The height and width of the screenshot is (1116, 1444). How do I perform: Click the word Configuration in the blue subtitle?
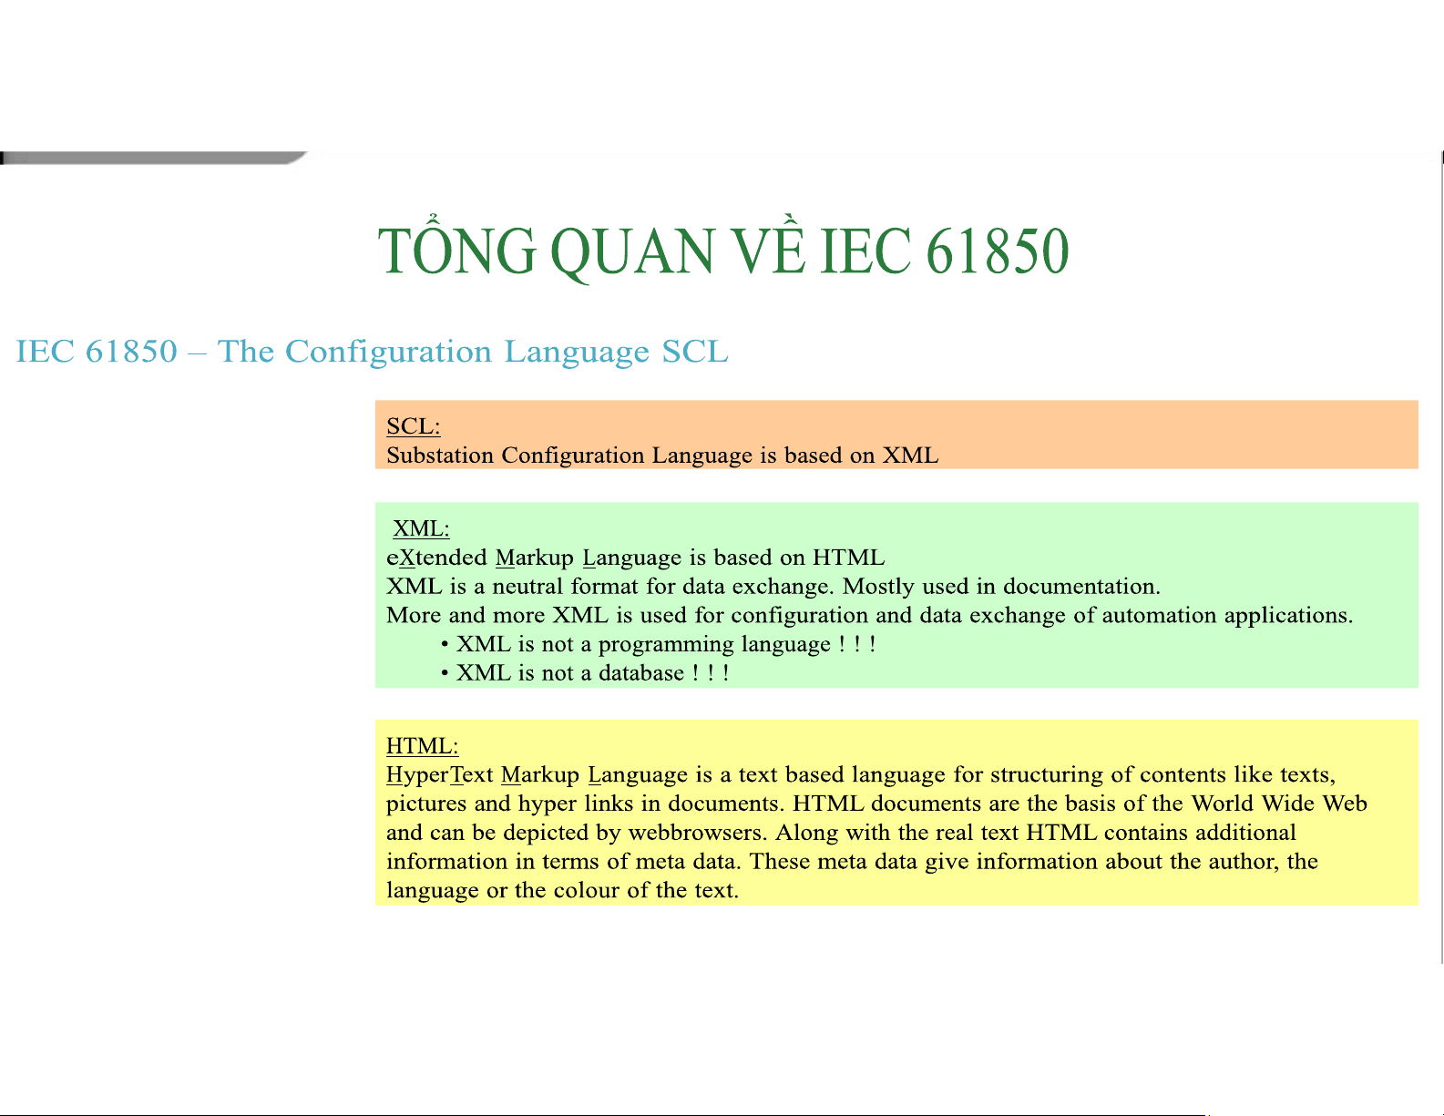pos(389,352)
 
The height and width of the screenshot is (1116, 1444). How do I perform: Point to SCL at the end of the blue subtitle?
pos(695,352)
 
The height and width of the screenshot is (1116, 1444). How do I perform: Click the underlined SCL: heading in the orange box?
pos(414,425)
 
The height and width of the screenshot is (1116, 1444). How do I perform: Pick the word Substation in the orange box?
pos(440,455)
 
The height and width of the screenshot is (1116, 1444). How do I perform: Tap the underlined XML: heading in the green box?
pos(421,528)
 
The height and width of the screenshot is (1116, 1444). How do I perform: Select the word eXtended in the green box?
pos(436,558)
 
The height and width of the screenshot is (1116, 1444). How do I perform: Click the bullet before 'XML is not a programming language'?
pos(445,644)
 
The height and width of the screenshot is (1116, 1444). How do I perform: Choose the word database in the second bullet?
pos(641,673)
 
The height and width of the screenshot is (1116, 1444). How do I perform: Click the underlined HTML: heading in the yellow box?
pos(422,746)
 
